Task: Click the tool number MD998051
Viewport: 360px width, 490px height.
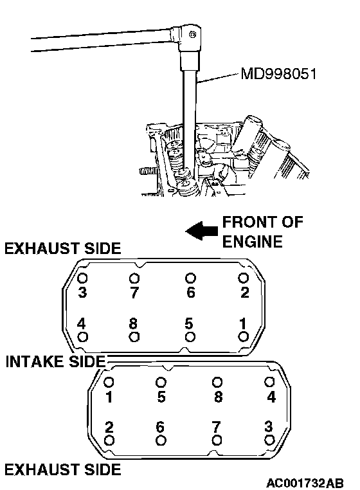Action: pos(279,74)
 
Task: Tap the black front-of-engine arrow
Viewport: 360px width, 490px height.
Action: pos(202,231)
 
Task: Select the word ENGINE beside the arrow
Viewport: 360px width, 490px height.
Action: pos(253,242)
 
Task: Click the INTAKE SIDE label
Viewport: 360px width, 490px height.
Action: pos(56,361)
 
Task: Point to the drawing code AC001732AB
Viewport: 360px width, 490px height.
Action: pos(305,483)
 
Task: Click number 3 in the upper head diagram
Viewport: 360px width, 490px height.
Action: pos(82,292)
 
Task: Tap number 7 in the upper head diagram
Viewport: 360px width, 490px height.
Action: pos(134,293)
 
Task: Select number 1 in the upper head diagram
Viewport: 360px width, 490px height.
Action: pos(243,323)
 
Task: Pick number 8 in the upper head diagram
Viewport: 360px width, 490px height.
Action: pos(134,323)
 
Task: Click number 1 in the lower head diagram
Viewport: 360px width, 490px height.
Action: pos(109,397)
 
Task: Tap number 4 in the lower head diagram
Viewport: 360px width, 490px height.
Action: pos(271,397)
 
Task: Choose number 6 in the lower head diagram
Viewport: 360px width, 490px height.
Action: pos(160,427)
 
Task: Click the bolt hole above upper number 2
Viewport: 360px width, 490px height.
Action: pos(244,278)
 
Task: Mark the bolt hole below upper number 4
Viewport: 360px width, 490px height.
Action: pos(82,337)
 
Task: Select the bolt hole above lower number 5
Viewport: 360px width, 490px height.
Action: pos(161,382)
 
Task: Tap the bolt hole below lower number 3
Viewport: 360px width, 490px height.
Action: pos(269,440)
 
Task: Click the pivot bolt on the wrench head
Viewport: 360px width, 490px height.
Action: pos(193,34)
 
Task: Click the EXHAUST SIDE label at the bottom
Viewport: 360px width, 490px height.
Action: pos(62,469)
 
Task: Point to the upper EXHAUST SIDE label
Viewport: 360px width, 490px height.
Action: pos(62,248)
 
